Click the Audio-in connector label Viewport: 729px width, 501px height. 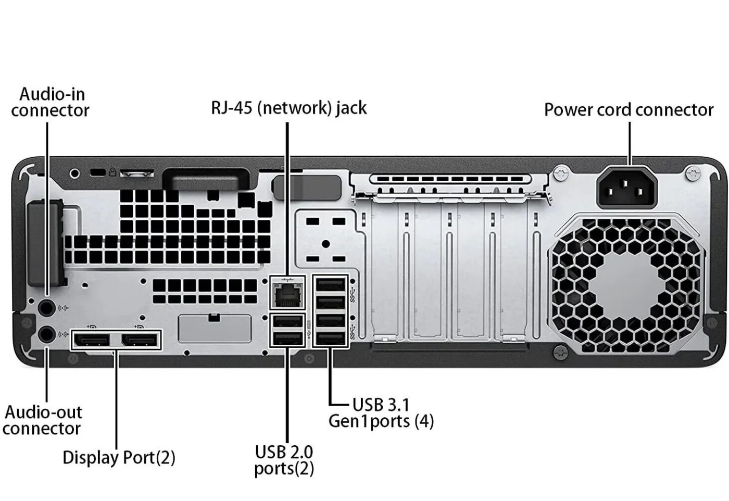coord(51,102)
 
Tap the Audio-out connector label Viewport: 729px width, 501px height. coord(43,420)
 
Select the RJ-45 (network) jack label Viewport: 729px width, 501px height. coord(288,108)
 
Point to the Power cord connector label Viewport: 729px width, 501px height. coord(629,110)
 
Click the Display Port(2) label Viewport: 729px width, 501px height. coord(119,458)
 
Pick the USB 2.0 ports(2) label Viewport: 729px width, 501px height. coord(284,460)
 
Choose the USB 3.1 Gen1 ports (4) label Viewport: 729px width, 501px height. coord(381,413)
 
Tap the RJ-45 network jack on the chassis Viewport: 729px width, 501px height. coord(287,294)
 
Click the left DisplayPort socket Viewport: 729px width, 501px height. coord(92,341)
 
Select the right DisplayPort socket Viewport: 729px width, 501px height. coord(139,341)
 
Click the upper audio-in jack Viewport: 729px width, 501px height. coord(47,308)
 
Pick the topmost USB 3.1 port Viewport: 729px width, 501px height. coord(330,285)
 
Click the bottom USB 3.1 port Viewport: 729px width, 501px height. coord(330,338)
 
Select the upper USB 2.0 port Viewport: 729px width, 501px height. coord(287,321)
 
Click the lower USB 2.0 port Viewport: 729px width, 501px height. coord(287,339)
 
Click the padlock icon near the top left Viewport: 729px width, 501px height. coord(112,172)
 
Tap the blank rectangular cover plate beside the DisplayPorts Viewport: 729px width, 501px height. coord(214,329)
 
